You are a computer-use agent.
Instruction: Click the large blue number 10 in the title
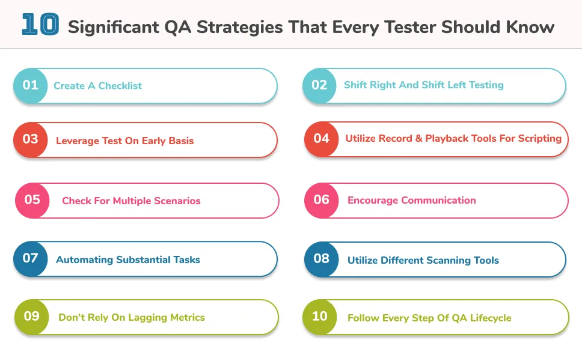[x=40, y=25]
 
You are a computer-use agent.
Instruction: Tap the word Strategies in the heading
[x=240, y=28]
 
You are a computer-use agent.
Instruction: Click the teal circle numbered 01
[x=31, y=86]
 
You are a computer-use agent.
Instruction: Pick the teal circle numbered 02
[x=319, y=86]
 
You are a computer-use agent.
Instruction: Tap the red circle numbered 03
[x=31, y=140]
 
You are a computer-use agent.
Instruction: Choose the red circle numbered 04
[x=322, y=139]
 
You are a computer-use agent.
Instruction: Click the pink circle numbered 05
[x=32, y=200]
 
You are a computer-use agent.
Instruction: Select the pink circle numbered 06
[x=322, y=200]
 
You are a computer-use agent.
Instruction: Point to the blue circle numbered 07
[x=31, y=259]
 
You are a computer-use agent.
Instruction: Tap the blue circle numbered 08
[x=322, y=259]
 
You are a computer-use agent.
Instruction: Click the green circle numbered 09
[x=31, y=317]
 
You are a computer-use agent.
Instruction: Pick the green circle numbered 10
[x=320, y=317]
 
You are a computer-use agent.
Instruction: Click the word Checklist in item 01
[x=120, y=86]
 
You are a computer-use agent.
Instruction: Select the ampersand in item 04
[x=418, y=138]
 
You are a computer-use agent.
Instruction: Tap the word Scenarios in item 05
[x=177, y=201]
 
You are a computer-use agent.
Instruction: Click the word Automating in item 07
[x=85, y=260]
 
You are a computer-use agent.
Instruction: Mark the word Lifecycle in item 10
[x=491, y=318]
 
